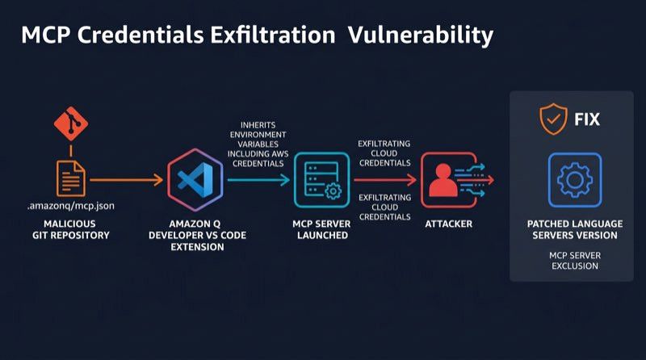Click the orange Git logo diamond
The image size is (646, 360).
[71, 123]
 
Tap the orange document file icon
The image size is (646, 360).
[71, 178]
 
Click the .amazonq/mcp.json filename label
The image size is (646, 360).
[71, 206]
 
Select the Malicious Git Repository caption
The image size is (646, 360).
[70, 229]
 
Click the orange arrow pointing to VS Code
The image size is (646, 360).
[127, 180]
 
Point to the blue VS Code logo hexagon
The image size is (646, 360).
[195, 180]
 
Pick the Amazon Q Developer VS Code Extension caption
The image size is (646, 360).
[197, 235]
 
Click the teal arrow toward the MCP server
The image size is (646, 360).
[258, 180]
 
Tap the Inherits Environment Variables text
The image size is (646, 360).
[258, 144]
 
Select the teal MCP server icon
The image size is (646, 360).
[321, 180]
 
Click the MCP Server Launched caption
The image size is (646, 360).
[321, 229]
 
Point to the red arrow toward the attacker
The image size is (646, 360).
[386, 180]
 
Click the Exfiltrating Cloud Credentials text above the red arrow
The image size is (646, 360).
[384, 153]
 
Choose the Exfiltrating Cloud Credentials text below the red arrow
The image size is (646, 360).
[385, 207]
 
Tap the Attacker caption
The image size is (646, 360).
[449, 224]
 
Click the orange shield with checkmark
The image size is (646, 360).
[553, 119]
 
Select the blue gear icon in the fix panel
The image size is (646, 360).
[575, 180]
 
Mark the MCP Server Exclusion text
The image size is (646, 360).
[575, 261]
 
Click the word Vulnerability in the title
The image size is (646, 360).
[421, 36]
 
